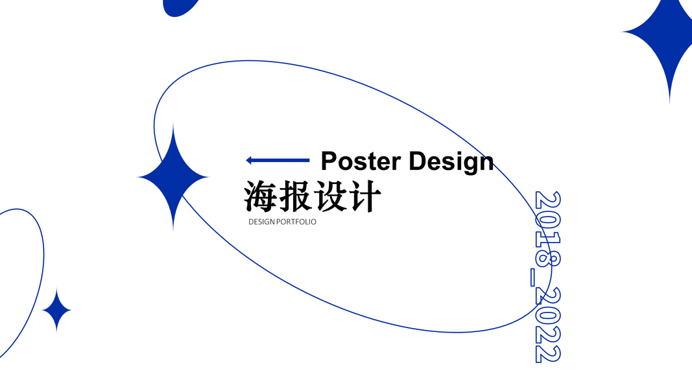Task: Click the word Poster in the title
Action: [361, 161]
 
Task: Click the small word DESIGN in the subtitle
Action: [261, 222]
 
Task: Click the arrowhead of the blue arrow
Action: [249, 160]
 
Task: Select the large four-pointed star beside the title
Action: [173, 176]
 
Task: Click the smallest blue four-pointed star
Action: [57, 311]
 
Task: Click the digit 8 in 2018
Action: [547, 259]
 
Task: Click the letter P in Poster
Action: [329, 161]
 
